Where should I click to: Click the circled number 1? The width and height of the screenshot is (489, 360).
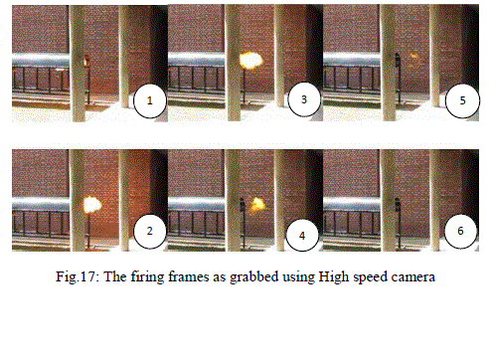coord(150,100)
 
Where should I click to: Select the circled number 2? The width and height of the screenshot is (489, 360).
coord(150,231)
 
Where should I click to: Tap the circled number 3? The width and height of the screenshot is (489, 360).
coord(304,99)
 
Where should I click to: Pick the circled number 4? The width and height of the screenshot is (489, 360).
coord(302,236)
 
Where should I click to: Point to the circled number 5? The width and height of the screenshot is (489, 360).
coord(463,100)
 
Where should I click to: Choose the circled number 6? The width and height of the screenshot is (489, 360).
coord(460,231)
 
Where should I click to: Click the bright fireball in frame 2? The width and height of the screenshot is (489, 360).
coord(91,205)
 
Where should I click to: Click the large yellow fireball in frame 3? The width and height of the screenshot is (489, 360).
coord(251,61)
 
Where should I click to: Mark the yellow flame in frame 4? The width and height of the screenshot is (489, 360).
coord(257,205)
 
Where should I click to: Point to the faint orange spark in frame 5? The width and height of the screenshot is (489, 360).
coord(413,56)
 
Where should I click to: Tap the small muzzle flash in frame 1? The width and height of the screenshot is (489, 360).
coord(87,61)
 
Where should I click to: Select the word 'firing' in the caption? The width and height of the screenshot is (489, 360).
coord(148,277)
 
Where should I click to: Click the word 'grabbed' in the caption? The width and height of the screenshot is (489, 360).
coord(254,277)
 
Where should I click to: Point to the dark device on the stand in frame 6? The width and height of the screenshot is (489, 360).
coord(398,206)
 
